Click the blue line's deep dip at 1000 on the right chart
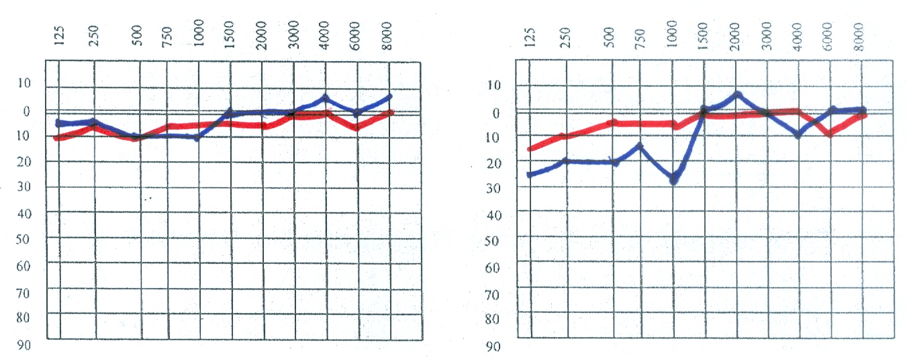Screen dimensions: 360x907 673,181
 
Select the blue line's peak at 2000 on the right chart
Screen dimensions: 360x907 736,95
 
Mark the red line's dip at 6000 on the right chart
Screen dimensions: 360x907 830,134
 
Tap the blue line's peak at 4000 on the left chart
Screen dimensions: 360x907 325,98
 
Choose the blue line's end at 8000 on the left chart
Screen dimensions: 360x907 389,97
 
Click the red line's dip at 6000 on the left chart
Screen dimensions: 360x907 357,127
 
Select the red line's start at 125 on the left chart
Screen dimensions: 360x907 58,138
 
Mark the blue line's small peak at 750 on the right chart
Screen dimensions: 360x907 640,145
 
